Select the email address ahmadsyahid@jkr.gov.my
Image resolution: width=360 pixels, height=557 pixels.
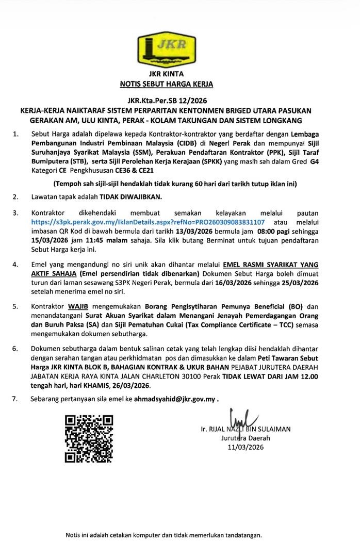point(175,399)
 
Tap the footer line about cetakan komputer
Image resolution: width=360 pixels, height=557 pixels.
point(163,535)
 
